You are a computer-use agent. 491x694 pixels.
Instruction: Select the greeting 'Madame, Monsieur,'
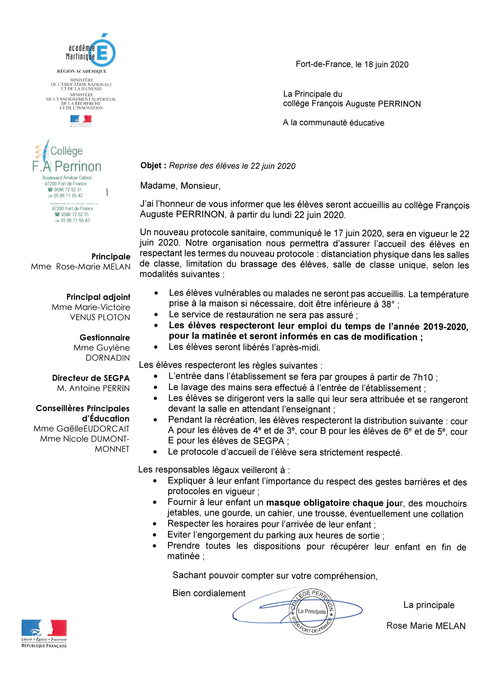[x=180, y=186]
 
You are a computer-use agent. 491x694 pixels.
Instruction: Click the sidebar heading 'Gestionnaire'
[x=105, y=337]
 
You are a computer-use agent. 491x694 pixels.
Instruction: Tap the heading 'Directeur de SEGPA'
[x=91, y=378]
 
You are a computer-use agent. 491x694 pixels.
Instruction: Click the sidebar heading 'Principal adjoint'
[x=98, y=297]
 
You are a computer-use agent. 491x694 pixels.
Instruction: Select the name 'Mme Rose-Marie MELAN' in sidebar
[x=81, y=267]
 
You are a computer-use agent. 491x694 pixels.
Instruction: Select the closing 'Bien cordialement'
[x=209, y=593]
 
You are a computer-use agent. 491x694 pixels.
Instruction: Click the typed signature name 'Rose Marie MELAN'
[x=426, y=626]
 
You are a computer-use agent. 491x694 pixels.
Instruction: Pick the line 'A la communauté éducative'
[x=333, y=123]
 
